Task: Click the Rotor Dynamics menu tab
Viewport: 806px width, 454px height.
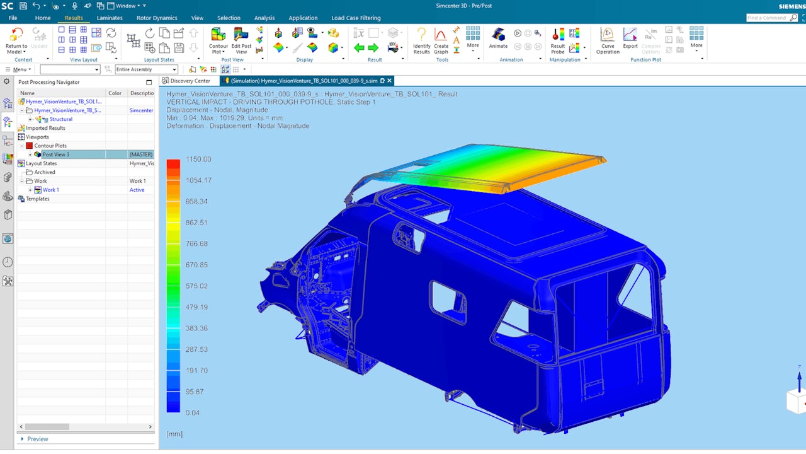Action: pyautogui.click(x=157, y=18)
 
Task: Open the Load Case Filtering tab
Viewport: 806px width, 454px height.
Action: pyautogui.click(x=356, y=18)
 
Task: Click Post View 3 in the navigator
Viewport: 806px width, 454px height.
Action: pyautogui.click(x=56, y=154)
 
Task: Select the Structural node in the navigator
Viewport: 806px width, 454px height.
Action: pyautogui.click(x=61, y=119)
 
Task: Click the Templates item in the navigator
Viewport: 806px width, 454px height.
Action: pyautogui.click(x=37, y=199)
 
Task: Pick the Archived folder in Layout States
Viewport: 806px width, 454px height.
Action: pyautogui.click(x=45, y=172)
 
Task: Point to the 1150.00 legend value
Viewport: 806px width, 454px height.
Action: pyautogui.click(x=198, y=160)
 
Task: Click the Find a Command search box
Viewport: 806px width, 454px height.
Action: pyautogui.click(x=771, y=18)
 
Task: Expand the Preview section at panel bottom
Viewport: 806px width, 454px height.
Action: pyautogui.click(x=37, y=439)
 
